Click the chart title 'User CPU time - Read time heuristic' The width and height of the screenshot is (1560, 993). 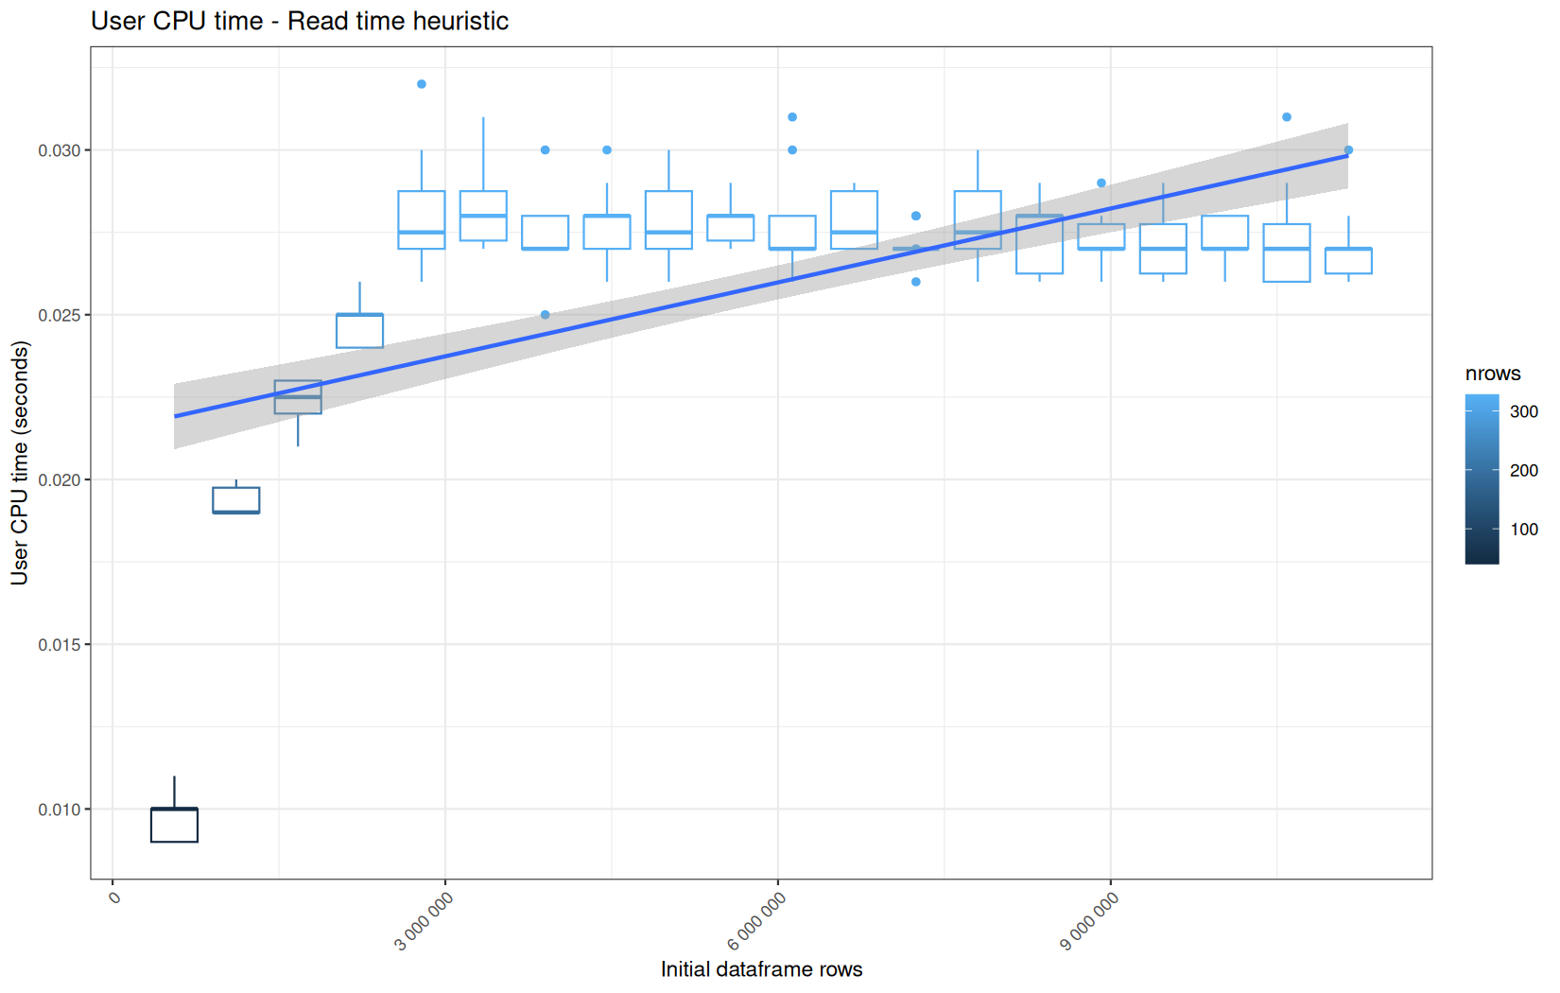(300, 21)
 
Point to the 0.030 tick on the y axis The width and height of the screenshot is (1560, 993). (60, 150)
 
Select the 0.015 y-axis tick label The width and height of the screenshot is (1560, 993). (60, 645)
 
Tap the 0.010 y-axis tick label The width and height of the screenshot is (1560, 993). (60, 810)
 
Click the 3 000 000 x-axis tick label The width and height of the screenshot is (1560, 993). (424, 921)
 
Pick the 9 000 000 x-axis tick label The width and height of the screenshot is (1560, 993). (1088, 921)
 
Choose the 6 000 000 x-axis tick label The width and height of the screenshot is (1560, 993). (755, 921)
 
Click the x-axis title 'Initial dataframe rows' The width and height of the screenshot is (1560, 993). (761, 969)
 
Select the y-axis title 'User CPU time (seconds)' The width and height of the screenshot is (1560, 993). (20, 462)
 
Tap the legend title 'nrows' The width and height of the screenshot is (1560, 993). (1493, 374)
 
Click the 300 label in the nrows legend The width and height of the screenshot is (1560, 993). (1524, 411)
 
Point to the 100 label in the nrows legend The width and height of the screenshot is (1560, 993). (1524, 530)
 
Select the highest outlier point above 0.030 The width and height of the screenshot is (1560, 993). (422, 84)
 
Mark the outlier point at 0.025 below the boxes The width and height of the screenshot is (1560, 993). (546, 315)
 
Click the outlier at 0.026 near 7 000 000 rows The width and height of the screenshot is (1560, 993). (916, 282)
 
